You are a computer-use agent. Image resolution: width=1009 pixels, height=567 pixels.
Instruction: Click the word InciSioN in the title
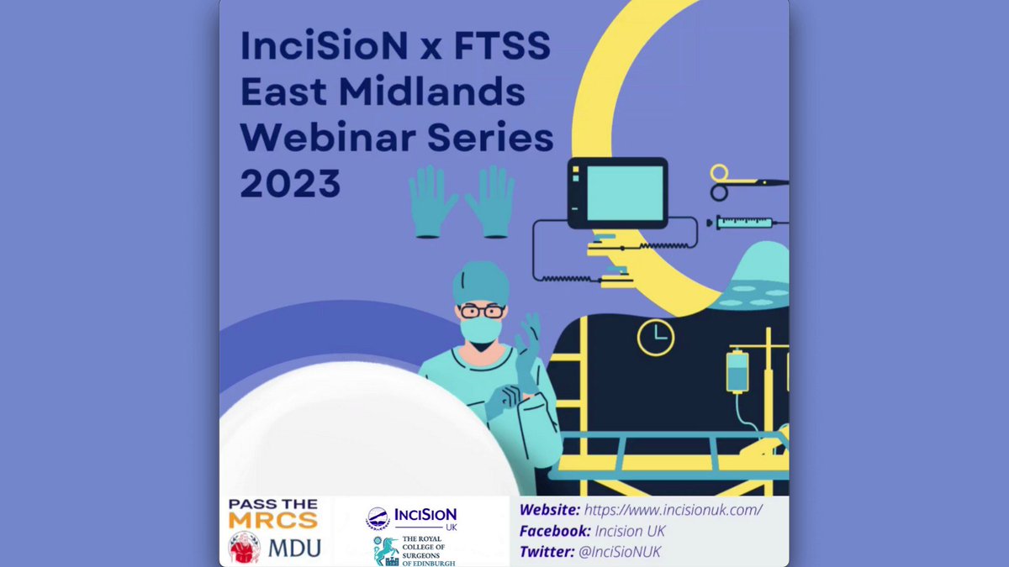point(324,45)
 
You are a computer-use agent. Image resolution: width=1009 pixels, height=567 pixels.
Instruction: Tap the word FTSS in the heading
point(502,45)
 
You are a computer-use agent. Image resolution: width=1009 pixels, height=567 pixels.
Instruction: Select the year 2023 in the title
point(290,183)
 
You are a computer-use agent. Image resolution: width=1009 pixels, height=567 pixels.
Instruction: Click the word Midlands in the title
point(432,92)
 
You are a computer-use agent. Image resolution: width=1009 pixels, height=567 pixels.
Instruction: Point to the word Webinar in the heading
point(328,137)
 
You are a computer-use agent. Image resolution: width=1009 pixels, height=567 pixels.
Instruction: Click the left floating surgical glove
point(433,201)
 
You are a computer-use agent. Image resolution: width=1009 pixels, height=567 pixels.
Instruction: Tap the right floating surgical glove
point(490,201)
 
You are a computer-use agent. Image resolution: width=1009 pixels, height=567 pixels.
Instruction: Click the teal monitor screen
point(625,193)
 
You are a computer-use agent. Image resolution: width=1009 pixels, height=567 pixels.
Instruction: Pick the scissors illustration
point(748,182)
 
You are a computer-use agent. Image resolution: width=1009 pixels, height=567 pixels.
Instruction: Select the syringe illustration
point(747,223)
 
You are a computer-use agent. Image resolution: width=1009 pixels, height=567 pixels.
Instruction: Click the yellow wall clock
point(656,338)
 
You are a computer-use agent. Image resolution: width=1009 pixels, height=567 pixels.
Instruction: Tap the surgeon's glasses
point(482,311)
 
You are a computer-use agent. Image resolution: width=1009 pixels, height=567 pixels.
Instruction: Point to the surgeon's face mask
point(481,331)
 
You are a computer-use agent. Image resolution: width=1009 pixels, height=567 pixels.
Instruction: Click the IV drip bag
point(737,372)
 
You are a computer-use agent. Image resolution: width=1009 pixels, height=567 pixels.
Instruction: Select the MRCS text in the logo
point(273,521)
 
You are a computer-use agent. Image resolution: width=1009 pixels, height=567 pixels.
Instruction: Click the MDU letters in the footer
point(295,548)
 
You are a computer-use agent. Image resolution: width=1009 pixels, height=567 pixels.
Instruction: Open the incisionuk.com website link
point(673,510)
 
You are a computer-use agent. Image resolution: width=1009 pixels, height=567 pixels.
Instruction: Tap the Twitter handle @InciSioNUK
point(620,552)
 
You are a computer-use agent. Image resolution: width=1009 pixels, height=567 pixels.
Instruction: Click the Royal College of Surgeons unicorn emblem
point(386,551)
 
